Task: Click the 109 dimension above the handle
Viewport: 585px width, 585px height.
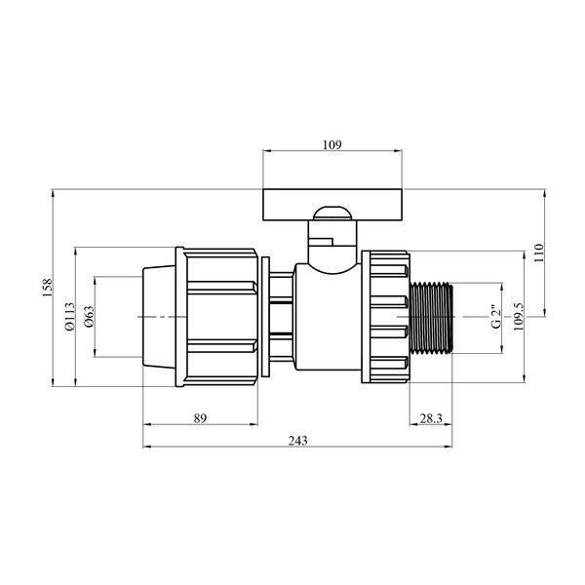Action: coord(332,144)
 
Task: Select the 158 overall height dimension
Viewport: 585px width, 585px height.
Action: coord(48,288)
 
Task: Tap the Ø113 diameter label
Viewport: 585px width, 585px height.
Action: coord(70,317)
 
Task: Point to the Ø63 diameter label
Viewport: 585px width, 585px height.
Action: coord(89,317)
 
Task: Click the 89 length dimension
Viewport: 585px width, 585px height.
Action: coord(200,418)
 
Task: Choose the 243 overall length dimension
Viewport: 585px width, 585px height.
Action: coord(297,441)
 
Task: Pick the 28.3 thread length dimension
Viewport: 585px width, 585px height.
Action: coord(431,418)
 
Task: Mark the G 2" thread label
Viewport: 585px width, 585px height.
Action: coord(496,317)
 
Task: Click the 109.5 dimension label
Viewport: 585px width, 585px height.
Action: coord(519,317)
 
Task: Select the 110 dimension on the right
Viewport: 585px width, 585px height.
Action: coord(539,253)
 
